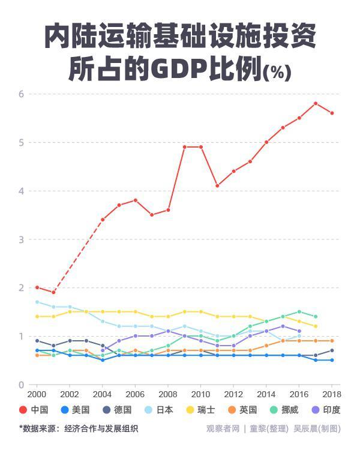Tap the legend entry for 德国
click(118, 410)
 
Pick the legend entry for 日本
click(160, 410)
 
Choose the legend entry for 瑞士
click(202, 410)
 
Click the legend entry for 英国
click(243, 410)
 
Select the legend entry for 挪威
click(285, 410)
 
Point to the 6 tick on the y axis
click(20, 94)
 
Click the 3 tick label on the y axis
click(20, 239)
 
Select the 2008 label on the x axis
click(168, 394)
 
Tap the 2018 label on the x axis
click(332, 394)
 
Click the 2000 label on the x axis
click(37, 394)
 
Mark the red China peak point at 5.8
click(316, 103)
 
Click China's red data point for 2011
click(217, 186)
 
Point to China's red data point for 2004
click(103, 220)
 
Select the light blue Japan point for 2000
click(37, 302)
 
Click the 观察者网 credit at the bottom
click(223, 428)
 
